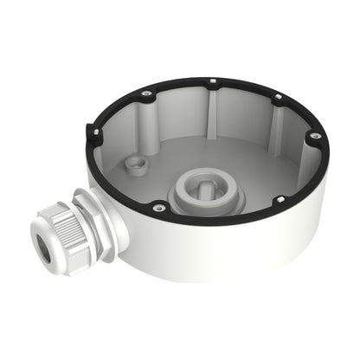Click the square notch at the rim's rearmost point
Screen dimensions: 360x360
(212, 84)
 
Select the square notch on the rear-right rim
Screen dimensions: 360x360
(279, 98)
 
